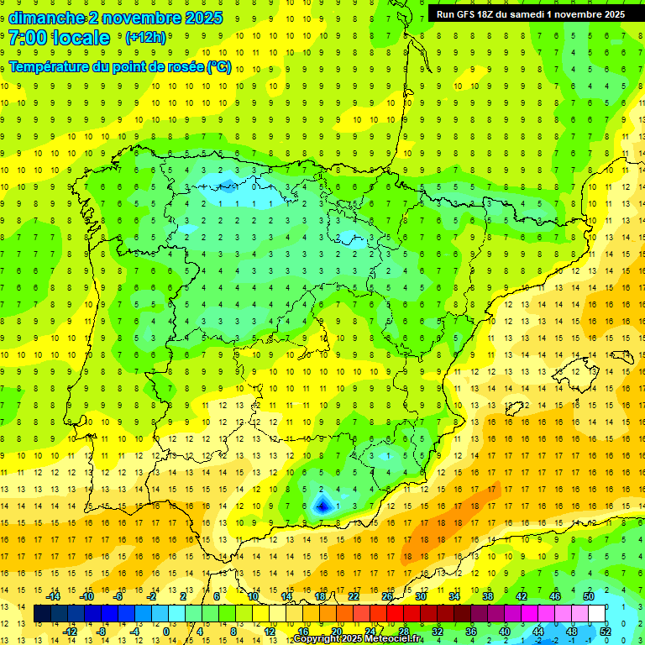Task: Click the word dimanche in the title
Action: pyautogui.click(x=41, y=18)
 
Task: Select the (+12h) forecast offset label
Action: pyautogui.click(x=145, y=38)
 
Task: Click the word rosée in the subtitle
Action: pyautogui.click(x=179, y=67)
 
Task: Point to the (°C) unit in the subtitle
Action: pyautogui.click(x=219, y=67)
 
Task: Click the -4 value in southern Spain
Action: pyautogui.click(x=321, y=506)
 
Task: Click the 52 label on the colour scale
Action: pyautogui.click(x=605, y=632)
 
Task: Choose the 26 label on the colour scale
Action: pyautogui.click(x=387, y=596)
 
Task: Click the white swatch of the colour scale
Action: pyautogui.click(x=597, y=614)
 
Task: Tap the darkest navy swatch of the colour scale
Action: pyautogui.click(x=43, y=614)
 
